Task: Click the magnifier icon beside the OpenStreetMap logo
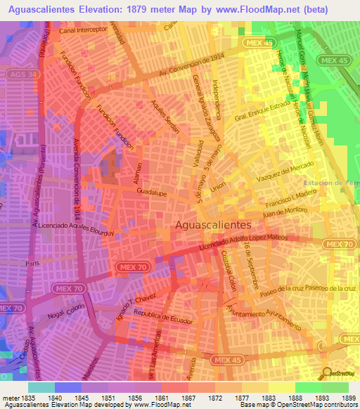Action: tap(326, 373)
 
